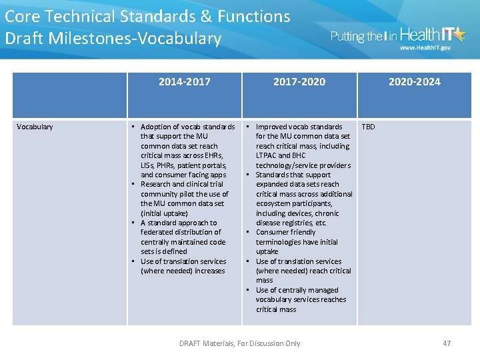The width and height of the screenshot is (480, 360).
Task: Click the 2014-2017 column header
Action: pos(184,82)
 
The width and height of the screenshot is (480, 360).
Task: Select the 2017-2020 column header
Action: pos(299,82)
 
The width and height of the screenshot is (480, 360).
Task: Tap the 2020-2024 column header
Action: pos(414,82)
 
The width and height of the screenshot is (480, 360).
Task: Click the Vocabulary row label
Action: pos(35,127)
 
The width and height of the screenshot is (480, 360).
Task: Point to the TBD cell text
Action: pos(368,127)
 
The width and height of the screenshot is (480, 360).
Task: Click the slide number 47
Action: pos(447,343)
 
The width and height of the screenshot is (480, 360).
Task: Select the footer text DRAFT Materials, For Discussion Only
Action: pos(239,343)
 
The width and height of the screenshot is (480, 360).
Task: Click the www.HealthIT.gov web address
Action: pos(425,48)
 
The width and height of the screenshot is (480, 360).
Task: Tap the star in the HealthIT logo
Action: pos(459,33)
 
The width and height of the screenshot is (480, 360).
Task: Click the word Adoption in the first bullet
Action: pos(155,127)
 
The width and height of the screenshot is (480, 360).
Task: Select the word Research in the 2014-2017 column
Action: pos(155,185)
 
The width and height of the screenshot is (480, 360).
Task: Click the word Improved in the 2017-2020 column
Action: pos(272,127)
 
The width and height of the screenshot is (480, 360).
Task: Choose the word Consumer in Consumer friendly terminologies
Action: pos(273,233)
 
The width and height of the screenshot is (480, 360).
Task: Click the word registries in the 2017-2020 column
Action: pos(297,223)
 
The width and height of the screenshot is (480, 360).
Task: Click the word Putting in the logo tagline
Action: pos(347,37)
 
